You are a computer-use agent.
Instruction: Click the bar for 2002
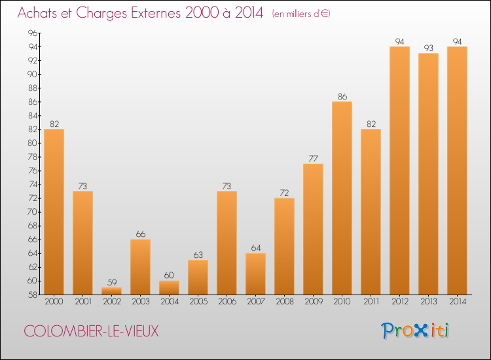pos(111,291)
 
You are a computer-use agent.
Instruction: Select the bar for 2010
pos(342,198)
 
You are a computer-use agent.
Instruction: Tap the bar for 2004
pos(169,288)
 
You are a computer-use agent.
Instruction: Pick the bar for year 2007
pos(255,274)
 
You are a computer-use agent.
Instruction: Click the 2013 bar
pos(428,174)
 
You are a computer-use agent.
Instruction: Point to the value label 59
pos(112,282)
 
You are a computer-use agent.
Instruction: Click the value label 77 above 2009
pos(314,158)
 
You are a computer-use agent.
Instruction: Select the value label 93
pos(429,48)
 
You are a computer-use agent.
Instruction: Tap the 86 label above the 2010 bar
pos(342,97)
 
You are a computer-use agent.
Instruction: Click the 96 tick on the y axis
pos(33,33)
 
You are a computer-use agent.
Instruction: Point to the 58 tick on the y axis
pos(33,295)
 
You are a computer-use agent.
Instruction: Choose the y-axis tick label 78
pos(33,157)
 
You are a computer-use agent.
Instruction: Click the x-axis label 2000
pos(54,302)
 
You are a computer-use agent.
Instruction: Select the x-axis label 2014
pos(458,302)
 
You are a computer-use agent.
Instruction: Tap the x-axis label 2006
pos(227,302)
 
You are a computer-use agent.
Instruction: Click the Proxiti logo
pos(415,331)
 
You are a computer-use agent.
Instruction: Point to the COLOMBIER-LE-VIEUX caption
pos(91,331)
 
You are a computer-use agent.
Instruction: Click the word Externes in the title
pos(156,13)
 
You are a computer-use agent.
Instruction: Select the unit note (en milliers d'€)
pos(301,14)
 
